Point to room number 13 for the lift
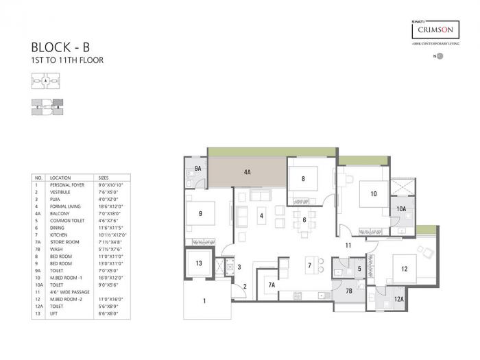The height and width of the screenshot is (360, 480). [x=198, y=263]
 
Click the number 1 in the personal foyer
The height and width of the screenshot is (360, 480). [x=204, y=300]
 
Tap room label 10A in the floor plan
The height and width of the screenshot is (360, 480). [x=402, y=208]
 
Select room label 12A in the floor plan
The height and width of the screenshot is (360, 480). [x=398, y=298]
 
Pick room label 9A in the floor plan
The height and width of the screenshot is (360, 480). [x=197, y=168]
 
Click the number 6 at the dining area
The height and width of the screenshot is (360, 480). [x=304, y=220]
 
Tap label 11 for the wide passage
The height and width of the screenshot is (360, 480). [x=348, y=245]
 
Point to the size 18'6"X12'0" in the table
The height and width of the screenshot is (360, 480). [x=113, y=205]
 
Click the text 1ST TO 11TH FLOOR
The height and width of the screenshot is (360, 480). [x=67, y=60]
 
